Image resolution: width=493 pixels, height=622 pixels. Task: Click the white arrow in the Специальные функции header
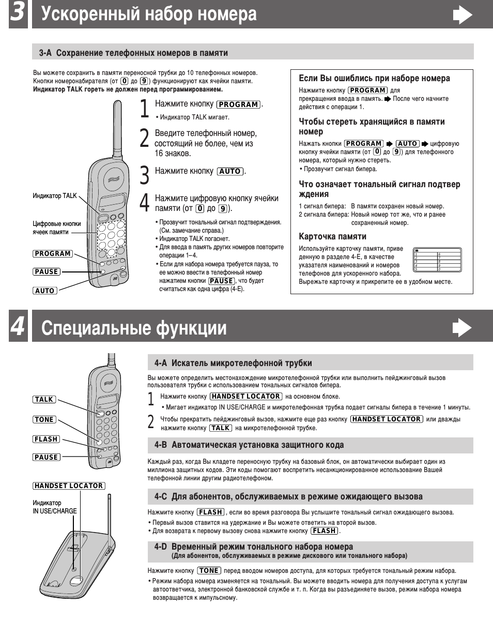click(x=462, y=328)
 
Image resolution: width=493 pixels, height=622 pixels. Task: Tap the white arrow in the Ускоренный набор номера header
click(x=462, y=16)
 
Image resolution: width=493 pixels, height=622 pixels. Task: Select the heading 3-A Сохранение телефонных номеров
click(x=133, y=53)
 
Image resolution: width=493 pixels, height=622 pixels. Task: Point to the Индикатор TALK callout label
click(x=54, y=195)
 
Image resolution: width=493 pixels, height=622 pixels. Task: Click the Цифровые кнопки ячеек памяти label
click(x=57, y=228)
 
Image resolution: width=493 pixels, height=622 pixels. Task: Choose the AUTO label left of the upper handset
click(x=45, y=291)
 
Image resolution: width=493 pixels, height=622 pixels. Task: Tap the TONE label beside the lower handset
click(x=44, y=419)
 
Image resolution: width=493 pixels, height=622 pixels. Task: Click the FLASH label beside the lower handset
click(x=46, y=439)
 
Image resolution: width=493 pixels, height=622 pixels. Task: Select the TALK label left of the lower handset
click(x=44, y=399)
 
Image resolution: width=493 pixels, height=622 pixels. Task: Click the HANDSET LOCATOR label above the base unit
click(x=69, y=486)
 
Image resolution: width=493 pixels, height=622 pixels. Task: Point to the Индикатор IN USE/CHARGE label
click(x=55, y=507)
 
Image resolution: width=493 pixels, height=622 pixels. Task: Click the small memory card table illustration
click(x=437, y=260)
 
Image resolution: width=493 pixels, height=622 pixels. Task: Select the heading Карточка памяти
click(x=332, y=236)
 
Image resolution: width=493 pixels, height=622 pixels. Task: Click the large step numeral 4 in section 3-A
click(x=146, y=202)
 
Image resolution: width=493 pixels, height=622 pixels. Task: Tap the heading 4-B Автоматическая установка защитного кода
click(x=249, y=445)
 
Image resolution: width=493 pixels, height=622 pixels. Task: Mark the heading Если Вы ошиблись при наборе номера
click(x=374, y=79)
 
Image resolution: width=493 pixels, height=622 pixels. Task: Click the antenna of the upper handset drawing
click(x=117, y=127)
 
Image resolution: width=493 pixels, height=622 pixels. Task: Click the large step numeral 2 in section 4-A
click(x=151, y=422)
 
